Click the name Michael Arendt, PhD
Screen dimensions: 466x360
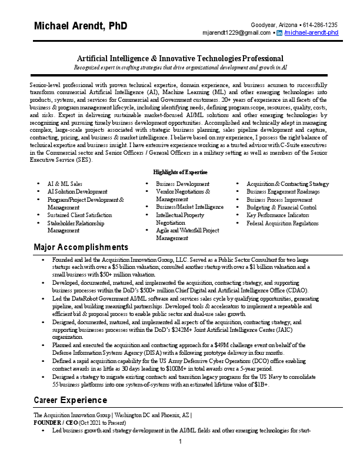pyautogui.click(x=81, y=26)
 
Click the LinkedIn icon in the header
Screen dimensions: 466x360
pyautogui.click(x=279, y=33)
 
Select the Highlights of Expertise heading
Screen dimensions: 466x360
pyautogui.click(x=180, y=172)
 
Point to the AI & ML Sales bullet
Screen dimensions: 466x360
pyautogui.click(x=64, y=184)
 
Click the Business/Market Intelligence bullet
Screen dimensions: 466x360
pyautogui.click(x=190, y=207)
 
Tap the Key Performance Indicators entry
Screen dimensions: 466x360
pyautogui.click(x=281, y=215)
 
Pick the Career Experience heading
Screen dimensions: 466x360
pyautogui.click(x=71, y=400)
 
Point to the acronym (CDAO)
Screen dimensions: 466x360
pyautogui.click(x=295, y=291)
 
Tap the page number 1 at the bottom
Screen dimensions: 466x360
pyautogui.click(x=180, y=441)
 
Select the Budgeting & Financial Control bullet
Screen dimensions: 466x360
pyautogui.click(x=281, y=208)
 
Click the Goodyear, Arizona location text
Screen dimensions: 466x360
pyautogui.click(x=274, y=25)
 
